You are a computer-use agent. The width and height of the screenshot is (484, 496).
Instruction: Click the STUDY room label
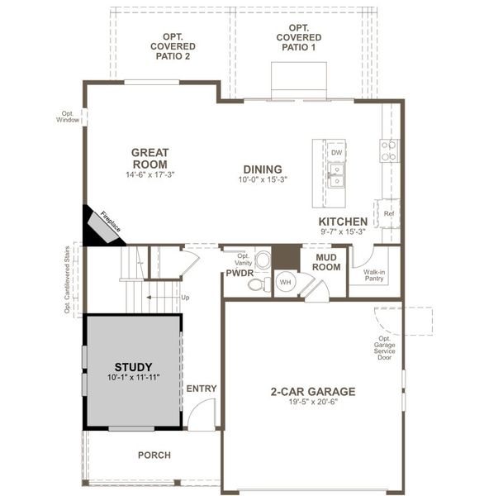point(133,366)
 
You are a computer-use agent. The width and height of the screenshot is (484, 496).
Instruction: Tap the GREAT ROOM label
point(149,158)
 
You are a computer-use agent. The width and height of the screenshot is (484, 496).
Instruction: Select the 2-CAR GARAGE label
point(312,392)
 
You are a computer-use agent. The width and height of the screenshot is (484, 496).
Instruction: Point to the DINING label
point(261,169)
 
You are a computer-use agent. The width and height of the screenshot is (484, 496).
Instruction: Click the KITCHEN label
point(343,222)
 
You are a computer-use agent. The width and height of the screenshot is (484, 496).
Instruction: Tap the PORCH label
point(154,455)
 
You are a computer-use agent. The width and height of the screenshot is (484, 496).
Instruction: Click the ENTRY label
point(201,389)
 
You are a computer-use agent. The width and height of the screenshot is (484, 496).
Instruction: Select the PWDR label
point(240,272)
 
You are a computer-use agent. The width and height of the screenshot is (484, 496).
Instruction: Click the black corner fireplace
point(99,226)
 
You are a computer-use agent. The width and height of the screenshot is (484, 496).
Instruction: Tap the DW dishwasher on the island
point(336,153)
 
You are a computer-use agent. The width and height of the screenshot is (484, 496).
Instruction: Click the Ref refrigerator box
point(388,213)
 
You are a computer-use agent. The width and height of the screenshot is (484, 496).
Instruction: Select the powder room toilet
point(256,285)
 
